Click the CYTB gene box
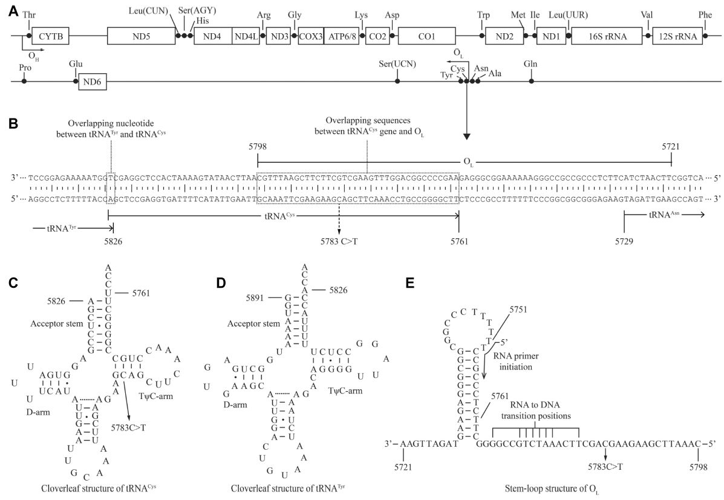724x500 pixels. click(51, 36)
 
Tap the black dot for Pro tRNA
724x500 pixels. click(24, 81)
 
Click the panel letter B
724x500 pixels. click(13, 123)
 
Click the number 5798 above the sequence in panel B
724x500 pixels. click(258, 147)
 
